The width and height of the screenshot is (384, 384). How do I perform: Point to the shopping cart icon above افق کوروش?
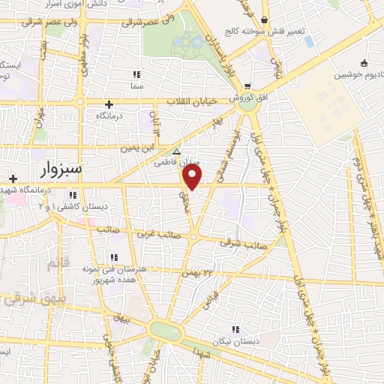pyautogui.click(x=247, y=86)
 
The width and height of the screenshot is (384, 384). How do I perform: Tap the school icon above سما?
pyautogui.click(x=136, y=74)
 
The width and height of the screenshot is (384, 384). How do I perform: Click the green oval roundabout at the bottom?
pyautogui.click(x=165, y=330)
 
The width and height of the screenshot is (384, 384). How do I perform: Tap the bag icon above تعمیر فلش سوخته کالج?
pyautogui.click(x=268, y=19)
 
